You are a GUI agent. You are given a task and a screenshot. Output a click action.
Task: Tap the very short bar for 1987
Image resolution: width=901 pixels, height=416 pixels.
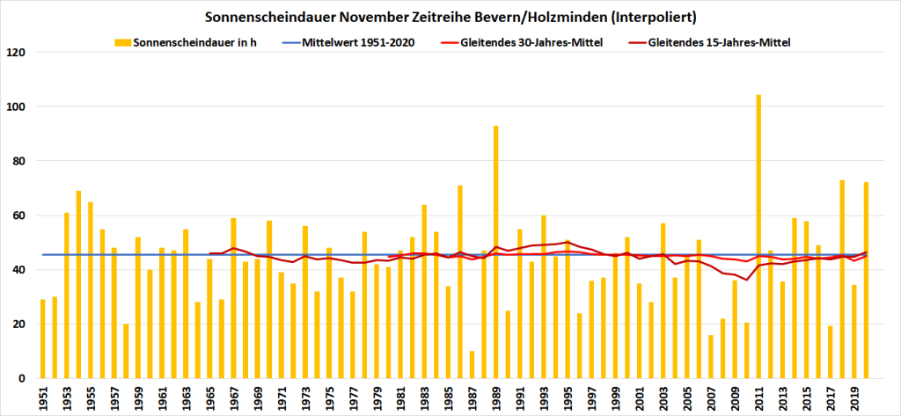pyautogui.click(x=472, y=364)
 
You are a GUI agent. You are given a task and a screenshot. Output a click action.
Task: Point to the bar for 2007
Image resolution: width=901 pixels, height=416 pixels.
pyautogui.click(x=711, y=356)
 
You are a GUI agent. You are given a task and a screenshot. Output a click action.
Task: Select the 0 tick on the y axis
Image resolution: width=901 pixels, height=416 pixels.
pyautogui.click(x=25, y=378)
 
